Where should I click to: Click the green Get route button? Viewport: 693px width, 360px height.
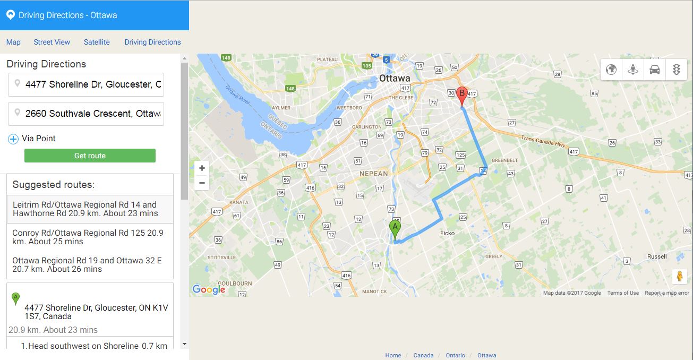90,156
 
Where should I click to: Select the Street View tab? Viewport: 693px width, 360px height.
52,42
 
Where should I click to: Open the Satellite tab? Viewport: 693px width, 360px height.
97,42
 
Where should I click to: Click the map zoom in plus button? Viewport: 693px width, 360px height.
202,168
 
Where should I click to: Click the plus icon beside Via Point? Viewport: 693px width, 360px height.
13,139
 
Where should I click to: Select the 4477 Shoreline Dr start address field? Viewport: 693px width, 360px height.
93,84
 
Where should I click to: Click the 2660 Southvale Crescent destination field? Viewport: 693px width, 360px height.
93,114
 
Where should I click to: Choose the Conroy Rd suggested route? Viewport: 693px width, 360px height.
89,237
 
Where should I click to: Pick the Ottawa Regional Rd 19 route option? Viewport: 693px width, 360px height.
89,264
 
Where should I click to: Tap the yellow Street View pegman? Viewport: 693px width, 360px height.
679,277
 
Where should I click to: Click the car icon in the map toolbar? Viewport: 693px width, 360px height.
654,70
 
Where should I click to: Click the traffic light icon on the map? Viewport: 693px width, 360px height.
676,70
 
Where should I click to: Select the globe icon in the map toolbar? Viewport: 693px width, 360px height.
611,70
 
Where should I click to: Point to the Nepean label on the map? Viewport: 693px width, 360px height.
374,174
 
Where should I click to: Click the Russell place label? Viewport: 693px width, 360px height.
657,256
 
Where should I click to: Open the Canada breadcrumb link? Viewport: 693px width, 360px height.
423,355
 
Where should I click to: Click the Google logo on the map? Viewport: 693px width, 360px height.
209,289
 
